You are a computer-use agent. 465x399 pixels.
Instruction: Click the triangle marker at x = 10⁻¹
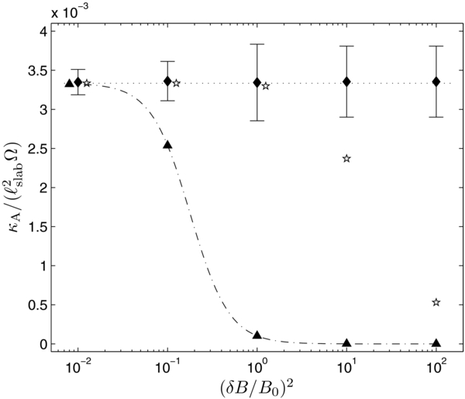(167, 145)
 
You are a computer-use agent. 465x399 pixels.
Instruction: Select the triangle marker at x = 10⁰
(257, 335)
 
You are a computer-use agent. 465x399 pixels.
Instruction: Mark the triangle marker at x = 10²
(436, 342)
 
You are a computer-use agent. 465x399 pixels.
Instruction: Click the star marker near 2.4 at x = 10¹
(346, 158)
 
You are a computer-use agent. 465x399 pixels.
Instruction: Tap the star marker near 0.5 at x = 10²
(436, 302)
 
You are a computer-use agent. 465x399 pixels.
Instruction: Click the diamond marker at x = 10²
(436, 81)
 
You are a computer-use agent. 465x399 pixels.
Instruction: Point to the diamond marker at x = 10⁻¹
(167, 81)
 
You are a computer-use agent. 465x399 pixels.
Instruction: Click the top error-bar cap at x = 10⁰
(257, 44)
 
